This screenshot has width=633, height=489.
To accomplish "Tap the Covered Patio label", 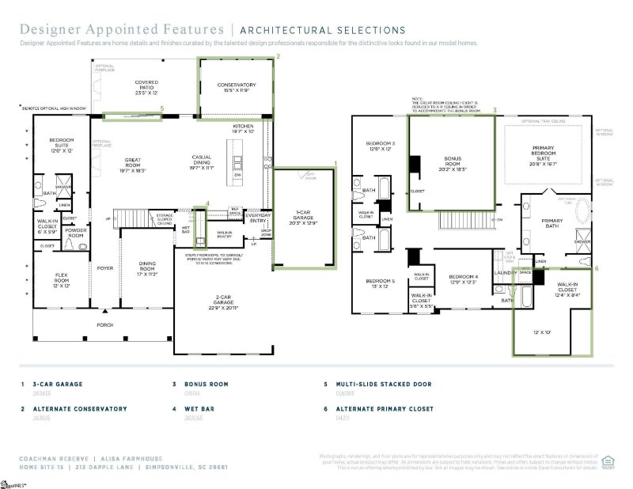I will [146, 85].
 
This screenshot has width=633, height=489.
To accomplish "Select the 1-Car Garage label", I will [304, 217].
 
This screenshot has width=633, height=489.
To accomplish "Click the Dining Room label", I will [149, 267].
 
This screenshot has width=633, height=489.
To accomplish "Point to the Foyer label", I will [106, 267].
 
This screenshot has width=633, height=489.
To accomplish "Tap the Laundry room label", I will [505, 273].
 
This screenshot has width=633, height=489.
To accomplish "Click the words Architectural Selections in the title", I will [322, 31].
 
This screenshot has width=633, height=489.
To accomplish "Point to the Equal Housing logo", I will [608, 460].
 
